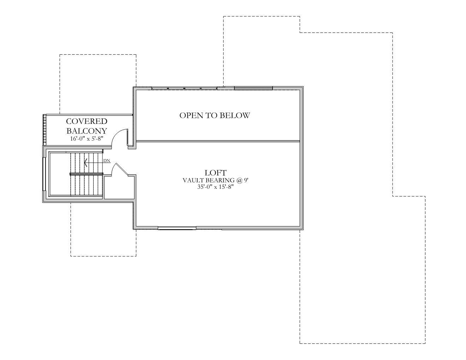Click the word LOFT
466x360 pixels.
(x=215, y=173)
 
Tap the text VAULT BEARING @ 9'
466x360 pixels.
(x=215, y=180)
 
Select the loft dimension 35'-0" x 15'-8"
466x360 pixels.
(x=215, y=187)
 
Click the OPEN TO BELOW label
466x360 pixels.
(x=215, y=115)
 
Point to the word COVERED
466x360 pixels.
(x=87, y=121)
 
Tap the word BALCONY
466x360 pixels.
(x=87, y=131)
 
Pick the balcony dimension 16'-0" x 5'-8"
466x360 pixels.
(x=86, y=139)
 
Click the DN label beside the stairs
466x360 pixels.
(x=107, y=161)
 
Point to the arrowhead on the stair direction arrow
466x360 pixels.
(x=85, y=163)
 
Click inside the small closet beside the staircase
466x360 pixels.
(x=119, y=187)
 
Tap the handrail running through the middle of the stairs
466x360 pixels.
(x=86, y=174)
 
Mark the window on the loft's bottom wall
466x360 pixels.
(x=177, y=228)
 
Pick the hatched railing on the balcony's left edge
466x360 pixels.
(x=44, y=129)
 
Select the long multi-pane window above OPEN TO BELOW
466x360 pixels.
(x=184, y=88)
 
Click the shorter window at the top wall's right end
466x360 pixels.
(x=253, y=88)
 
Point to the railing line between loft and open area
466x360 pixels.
(x=217, y=141)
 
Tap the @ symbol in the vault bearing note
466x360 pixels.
(x=239, y=180)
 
